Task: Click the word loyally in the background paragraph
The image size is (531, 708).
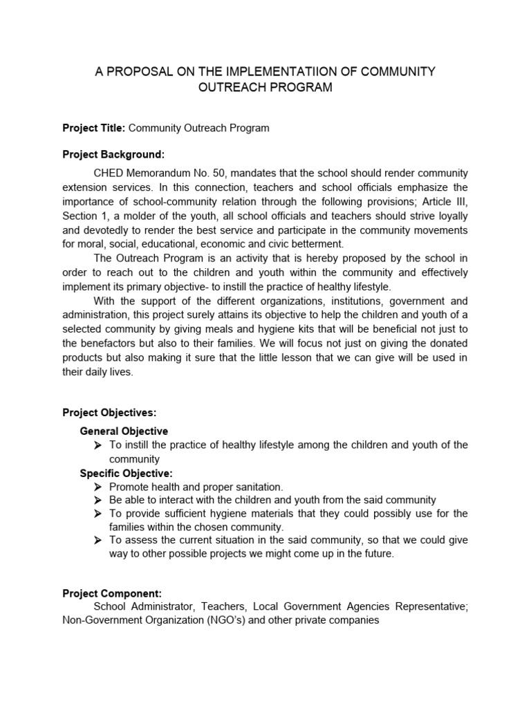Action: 449,216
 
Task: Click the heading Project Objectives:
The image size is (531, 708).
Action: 109,413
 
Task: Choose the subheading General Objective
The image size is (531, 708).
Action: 124,431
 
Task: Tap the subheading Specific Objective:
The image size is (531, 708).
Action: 126,473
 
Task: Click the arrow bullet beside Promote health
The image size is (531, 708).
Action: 97,487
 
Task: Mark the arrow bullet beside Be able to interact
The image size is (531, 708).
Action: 97,500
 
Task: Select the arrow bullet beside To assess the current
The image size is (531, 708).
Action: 97,541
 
